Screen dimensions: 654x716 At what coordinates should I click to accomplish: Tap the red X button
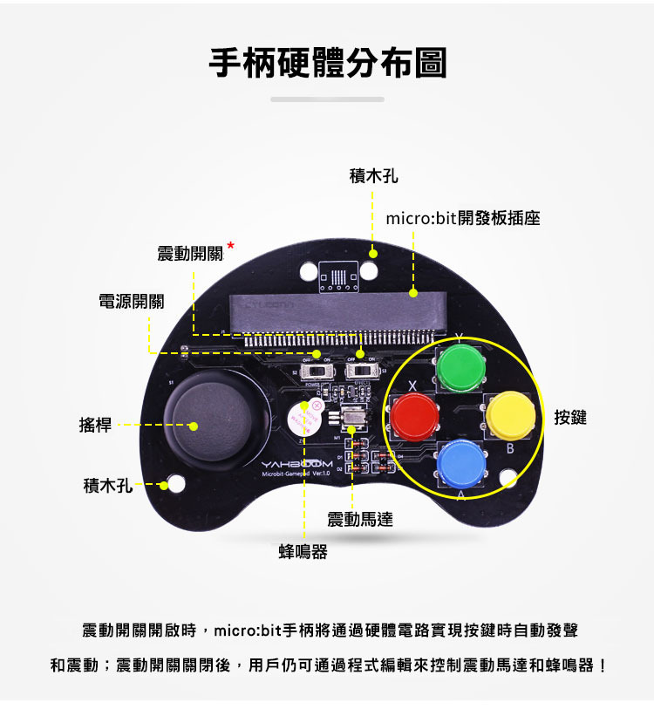tap(413, 416)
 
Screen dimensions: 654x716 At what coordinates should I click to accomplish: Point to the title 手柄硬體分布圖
tap(327, 63)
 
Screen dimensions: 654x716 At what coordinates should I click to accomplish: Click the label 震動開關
tap(190, 254)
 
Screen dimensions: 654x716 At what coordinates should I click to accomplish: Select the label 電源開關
tap(131, 302)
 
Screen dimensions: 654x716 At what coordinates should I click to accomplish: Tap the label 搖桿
tap(95, 425)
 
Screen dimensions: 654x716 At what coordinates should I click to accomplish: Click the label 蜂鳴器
tap(303, 551)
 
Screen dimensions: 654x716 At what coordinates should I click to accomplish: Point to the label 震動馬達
tap(359, 520)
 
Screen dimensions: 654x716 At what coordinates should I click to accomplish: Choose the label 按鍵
tap(570, 418)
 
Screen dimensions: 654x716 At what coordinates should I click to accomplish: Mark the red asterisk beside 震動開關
tap(231, 246)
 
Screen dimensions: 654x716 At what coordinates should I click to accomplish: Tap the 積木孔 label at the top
tap(373, 177)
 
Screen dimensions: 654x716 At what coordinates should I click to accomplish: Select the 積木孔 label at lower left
tap(107, 484)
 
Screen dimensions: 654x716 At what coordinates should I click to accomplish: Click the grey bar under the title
tap(327, 99)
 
